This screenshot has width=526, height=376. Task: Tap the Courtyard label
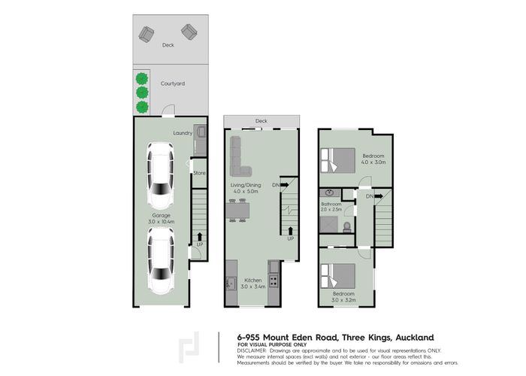click(x=173, y=84)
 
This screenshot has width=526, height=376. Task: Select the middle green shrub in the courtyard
click(x=141, y=92)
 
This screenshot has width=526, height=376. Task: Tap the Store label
click(x=199, y=173)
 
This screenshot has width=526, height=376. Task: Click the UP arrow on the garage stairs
click(x=198, y=238)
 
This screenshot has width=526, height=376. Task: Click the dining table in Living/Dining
click(x=242, y=213)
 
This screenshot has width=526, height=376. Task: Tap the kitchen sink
click(x=231, y=283)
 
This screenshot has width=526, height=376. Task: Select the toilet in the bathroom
click(x=346, y=227)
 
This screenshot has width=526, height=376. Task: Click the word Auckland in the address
click(x=409, y=337)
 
